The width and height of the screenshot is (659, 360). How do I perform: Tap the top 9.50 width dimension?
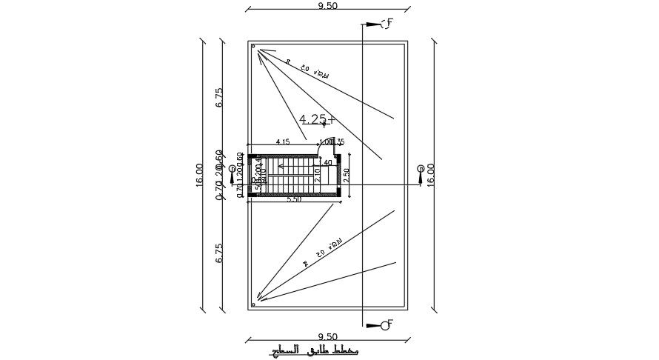[x=327, y=6]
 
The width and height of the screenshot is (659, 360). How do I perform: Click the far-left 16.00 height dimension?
[x=199, y=176]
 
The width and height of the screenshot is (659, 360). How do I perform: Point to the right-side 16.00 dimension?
[x=430, y=176]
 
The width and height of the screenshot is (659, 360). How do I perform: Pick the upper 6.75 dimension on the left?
[x=219, y=98]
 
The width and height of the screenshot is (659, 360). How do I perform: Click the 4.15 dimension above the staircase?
[x=282, y=141]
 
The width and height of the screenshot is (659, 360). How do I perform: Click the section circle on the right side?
[x=420, y=169]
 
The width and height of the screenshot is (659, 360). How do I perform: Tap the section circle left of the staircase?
[x=233, y=170]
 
